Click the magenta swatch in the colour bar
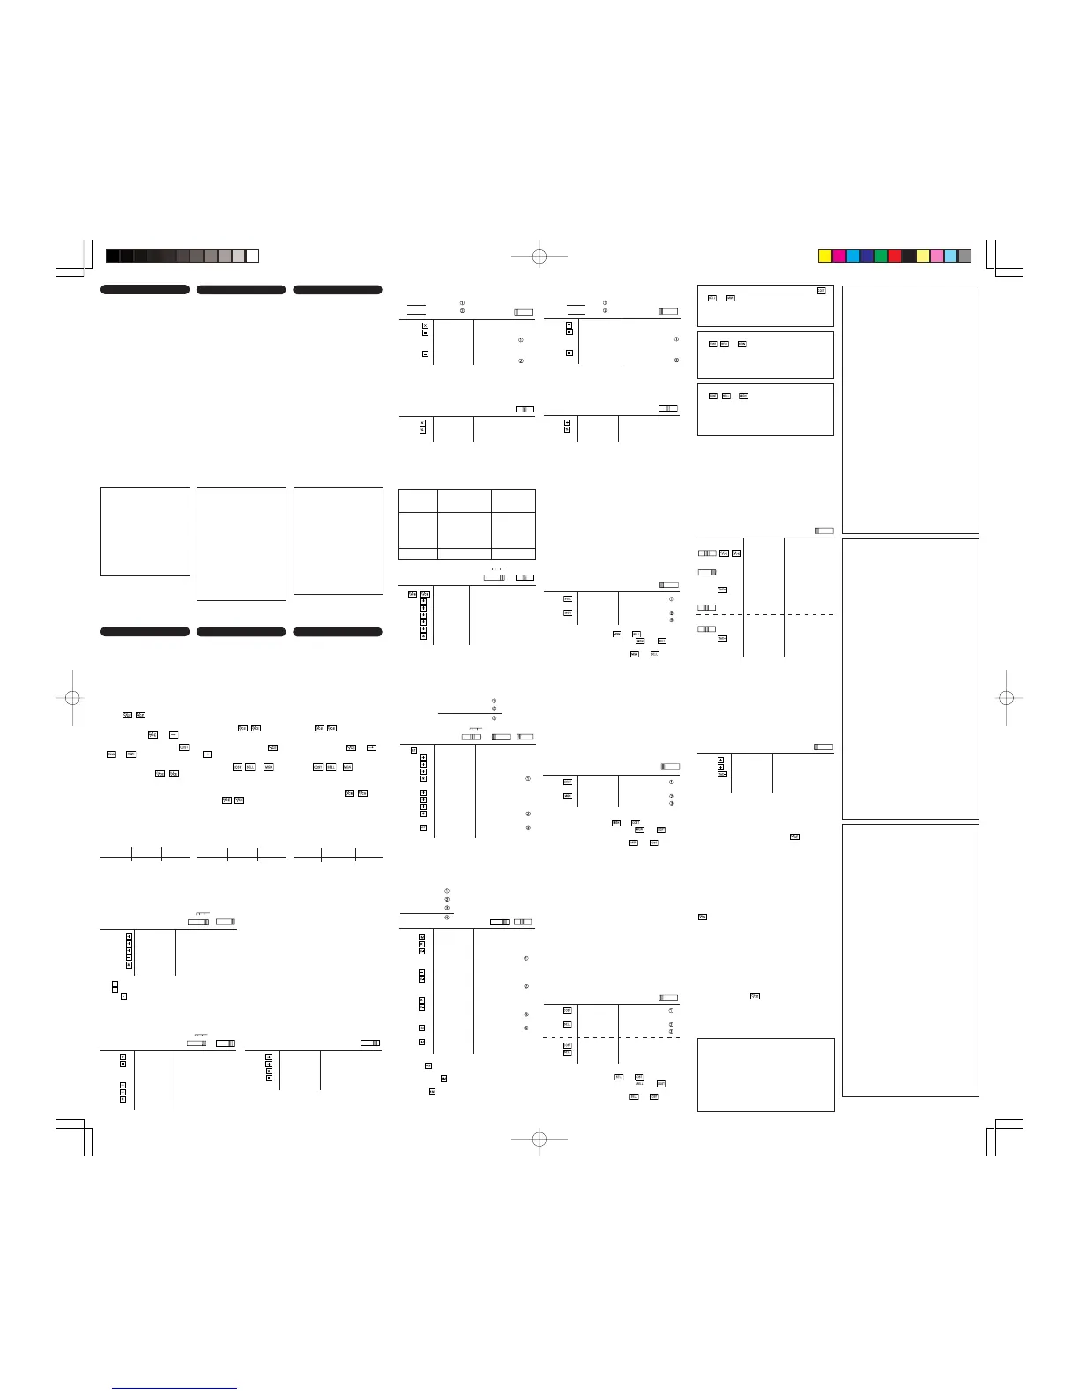839,256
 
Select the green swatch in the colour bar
881,256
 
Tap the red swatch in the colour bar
895,256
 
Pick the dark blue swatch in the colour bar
867,256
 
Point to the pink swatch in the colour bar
936,256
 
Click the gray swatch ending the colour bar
964,256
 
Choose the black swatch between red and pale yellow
909,256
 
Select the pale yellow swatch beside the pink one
923,256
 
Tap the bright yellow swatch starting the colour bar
825,256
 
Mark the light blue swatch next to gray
950,256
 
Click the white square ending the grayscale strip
252,256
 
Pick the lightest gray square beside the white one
238,256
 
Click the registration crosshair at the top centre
539,256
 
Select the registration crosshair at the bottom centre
539,1139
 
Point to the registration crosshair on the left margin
73,698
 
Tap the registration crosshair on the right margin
1006,698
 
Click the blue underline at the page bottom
175,1388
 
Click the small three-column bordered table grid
467,523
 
